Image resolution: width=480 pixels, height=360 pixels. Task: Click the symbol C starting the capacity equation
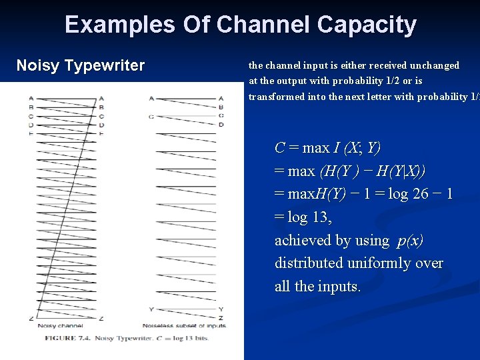(x=280, y=147)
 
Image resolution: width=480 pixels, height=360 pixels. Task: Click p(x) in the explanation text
(x=410, y=241)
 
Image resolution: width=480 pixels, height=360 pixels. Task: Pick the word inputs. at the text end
(x=339, y=287)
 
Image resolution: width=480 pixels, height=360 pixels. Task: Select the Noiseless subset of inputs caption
(x=184, y=326)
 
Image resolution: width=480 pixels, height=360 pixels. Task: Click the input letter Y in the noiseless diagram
(x=152, y=309)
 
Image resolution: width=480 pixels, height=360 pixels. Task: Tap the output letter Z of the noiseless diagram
(x=221, y=317)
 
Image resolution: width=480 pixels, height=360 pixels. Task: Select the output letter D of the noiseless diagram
(x=221, y=125)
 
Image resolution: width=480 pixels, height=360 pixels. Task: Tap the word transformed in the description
(x=277, y=97)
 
